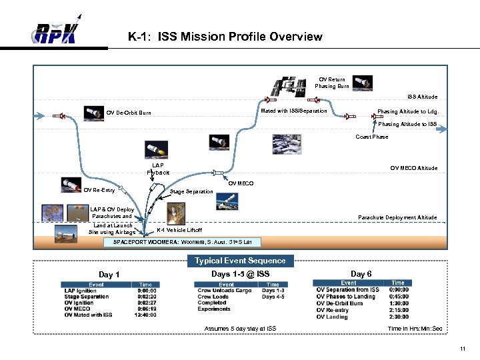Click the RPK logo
tap(57, 32)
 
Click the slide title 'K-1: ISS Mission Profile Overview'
tap(225, 37)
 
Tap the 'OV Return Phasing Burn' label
tap(331, 83)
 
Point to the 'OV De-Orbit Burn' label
tap(129, 113)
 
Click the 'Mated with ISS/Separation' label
tap(294, 111)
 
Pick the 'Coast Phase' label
tap(371, 137)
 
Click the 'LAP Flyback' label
tap(158, 169)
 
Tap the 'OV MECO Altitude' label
tap(414, 168)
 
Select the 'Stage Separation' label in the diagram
tap(191, 192)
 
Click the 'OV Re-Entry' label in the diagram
tap(99, 190)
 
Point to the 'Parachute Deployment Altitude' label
tap(397, 217)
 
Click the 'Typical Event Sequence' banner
tap(239, 261)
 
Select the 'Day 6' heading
tap(361, 274)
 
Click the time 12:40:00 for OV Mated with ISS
tap(146, 315)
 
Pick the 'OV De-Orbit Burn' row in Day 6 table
tap(339, 303)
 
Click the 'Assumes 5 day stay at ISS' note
tap(240, 329)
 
